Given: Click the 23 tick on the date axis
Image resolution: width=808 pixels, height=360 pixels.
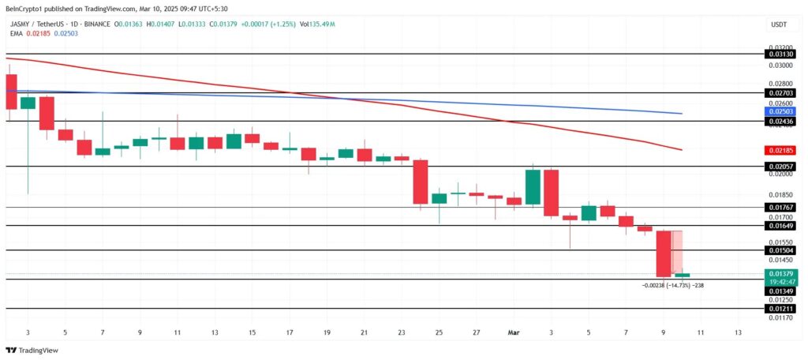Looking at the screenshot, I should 402,332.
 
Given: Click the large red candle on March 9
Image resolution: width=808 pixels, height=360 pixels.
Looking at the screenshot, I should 664,253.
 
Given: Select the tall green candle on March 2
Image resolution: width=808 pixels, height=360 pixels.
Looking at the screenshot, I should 533,188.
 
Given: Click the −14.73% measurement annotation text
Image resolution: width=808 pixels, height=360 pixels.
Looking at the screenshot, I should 672,285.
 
